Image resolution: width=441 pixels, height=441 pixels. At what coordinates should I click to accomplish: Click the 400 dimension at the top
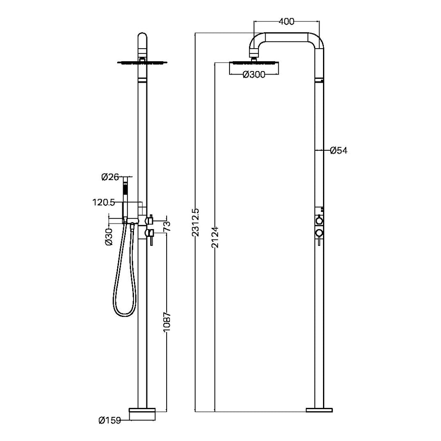point(286,22)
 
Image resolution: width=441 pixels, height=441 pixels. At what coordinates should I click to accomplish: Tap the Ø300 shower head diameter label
point(254,75)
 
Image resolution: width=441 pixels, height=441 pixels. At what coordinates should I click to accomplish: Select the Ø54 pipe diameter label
point(339,150)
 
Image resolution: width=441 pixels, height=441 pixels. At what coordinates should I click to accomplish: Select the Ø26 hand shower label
point(110,177)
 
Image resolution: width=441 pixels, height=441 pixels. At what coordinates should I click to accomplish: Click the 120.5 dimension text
point(103,202)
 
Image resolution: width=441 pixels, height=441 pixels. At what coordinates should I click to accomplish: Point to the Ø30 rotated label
point(109,237)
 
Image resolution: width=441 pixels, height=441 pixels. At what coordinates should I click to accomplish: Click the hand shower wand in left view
point(125,200)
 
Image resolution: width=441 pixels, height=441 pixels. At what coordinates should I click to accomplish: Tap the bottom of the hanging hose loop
point(123,316)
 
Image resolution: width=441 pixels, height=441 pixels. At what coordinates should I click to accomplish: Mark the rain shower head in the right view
point(254,62)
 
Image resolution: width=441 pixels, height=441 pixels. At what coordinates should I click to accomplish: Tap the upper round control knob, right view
point(319,220)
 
